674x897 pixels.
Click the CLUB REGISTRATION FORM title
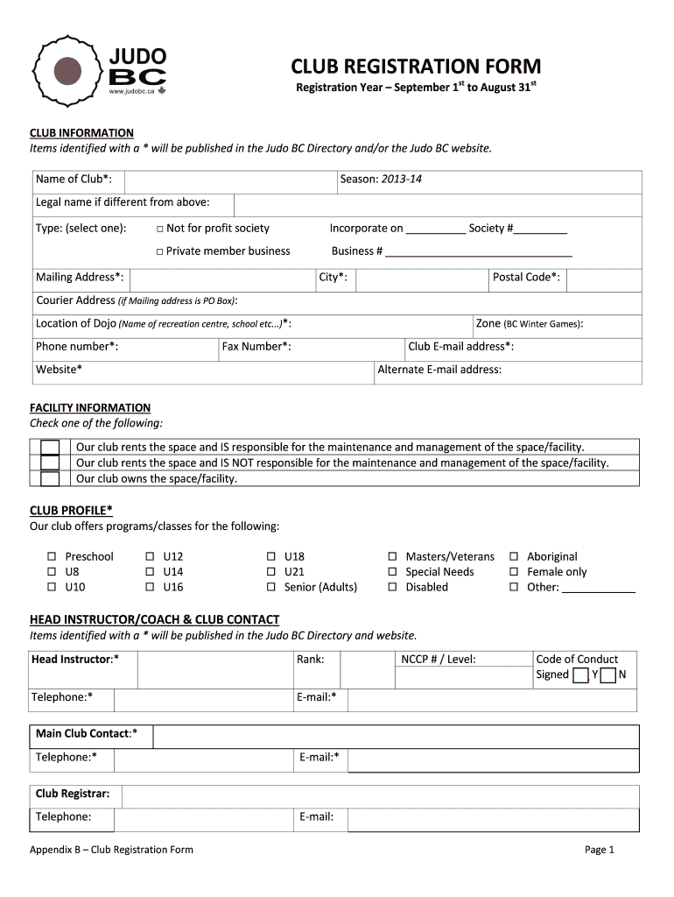pyautogui.click(x=416, y=67)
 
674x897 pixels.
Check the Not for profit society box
pyautogui.click(x=160, y=229)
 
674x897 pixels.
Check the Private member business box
pyautogui.click(x=160, y=251)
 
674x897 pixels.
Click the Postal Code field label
pyautogui.click(x=526, y=278)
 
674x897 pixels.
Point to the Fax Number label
pyautogui.click(x=256, y=347)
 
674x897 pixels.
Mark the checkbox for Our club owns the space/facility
pyautogui.click(x=50, y=478)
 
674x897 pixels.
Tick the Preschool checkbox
pyautogui.click(x=51, y=557)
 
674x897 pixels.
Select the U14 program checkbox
pyautogui.click(x=149, y=572)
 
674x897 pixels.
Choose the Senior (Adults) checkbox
pyautogui.click(x=270, y=588)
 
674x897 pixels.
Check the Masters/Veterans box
pyautogui.click(x=392, y=557)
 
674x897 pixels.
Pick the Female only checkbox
pyautogui.click(x=514, y=572)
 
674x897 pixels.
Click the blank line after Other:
pyautogui.click(x=598, y=589)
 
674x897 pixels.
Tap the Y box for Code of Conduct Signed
pyautogui.click(x=580, y=675)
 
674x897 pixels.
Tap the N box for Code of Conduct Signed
pyautogui.click(x=607, y=675)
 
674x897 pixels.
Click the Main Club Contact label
pyautogui.click(x=86, y=733)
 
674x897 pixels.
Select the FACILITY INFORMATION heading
pyautogui.click(x=90, y=408)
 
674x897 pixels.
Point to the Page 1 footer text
pyautogui.click(x=600, y=850)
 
